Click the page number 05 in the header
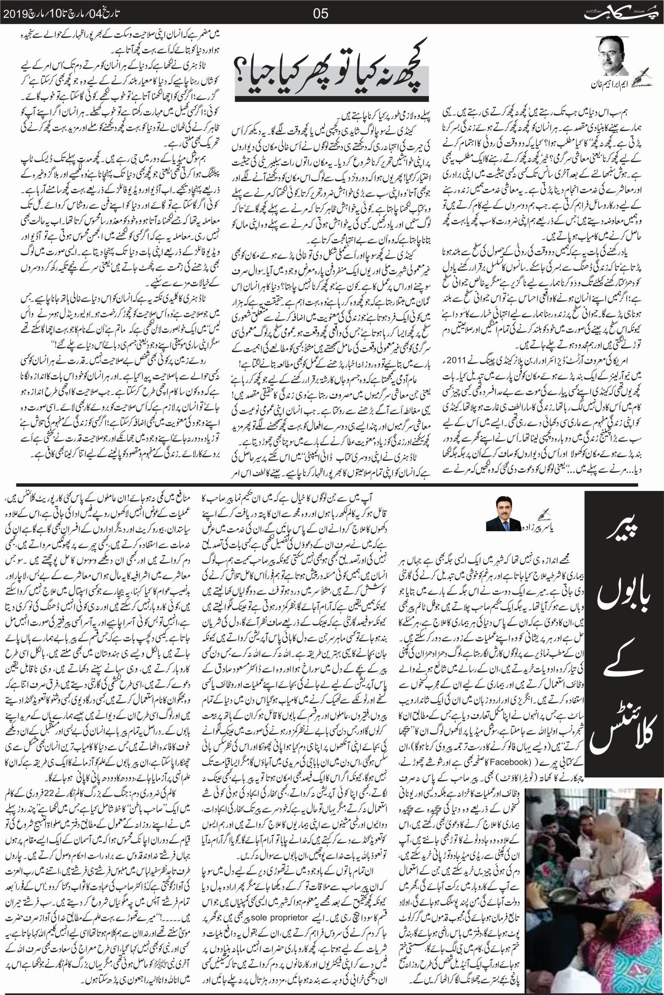pyautogui.click(x=320, y=14)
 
